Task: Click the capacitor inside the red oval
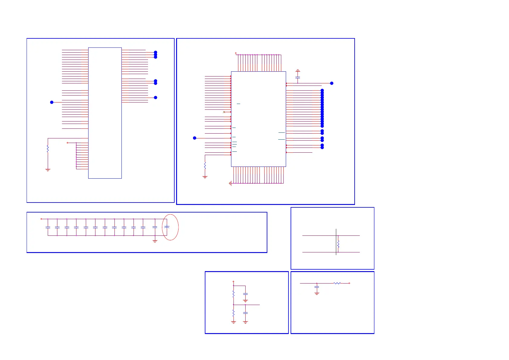click(x=166, y=227)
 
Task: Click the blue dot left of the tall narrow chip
click(x=52, y=102)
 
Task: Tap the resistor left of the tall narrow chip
click(x=48, y=149)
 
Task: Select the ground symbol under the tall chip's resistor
click(x=48, y=170)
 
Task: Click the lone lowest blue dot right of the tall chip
click(x=156, y=98)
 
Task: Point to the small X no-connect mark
click(x=224, y=112)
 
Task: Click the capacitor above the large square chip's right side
click(x=298, y=78)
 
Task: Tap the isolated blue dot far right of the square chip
click(x=332, y=83)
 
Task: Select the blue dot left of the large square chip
click(x=195, y=138)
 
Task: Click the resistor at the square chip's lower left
click(x=205, y=166)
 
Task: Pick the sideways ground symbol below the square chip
click(x=230, y=183)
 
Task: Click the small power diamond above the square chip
click(x=236, y=53)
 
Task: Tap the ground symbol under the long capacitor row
click(x=155, y=241)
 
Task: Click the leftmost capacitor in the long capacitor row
click(x=48, y=227)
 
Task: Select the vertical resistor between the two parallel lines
click(x=338, y=244)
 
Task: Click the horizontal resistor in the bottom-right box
click(x=337, y=283)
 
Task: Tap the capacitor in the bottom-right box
click(x=317, y=287)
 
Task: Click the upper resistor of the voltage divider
click(x=234, y=294)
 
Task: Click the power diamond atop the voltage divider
click(x=234, y=281)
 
